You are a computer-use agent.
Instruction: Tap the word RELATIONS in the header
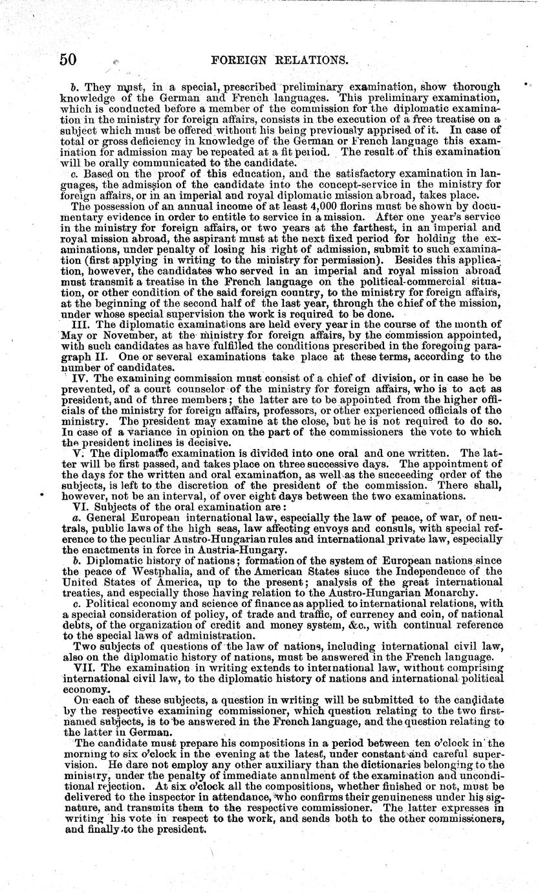point(313,61)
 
